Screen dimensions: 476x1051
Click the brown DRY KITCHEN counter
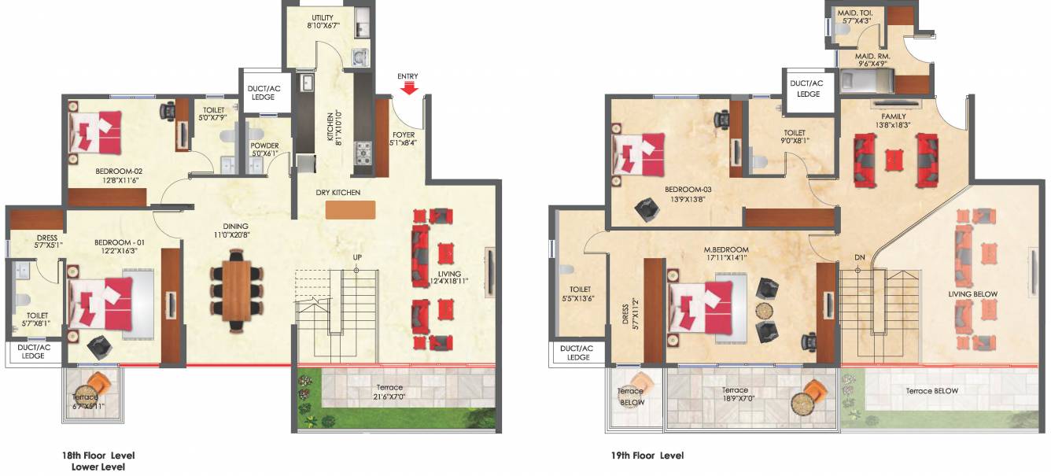[350, 210]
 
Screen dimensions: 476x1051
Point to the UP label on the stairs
[356, 257]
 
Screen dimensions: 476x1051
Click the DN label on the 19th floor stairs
[860, 257]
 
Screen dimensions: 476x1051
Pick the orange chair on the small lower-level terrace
[98, 385]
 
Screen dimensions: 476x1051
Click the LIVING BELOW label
[973, 294]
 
